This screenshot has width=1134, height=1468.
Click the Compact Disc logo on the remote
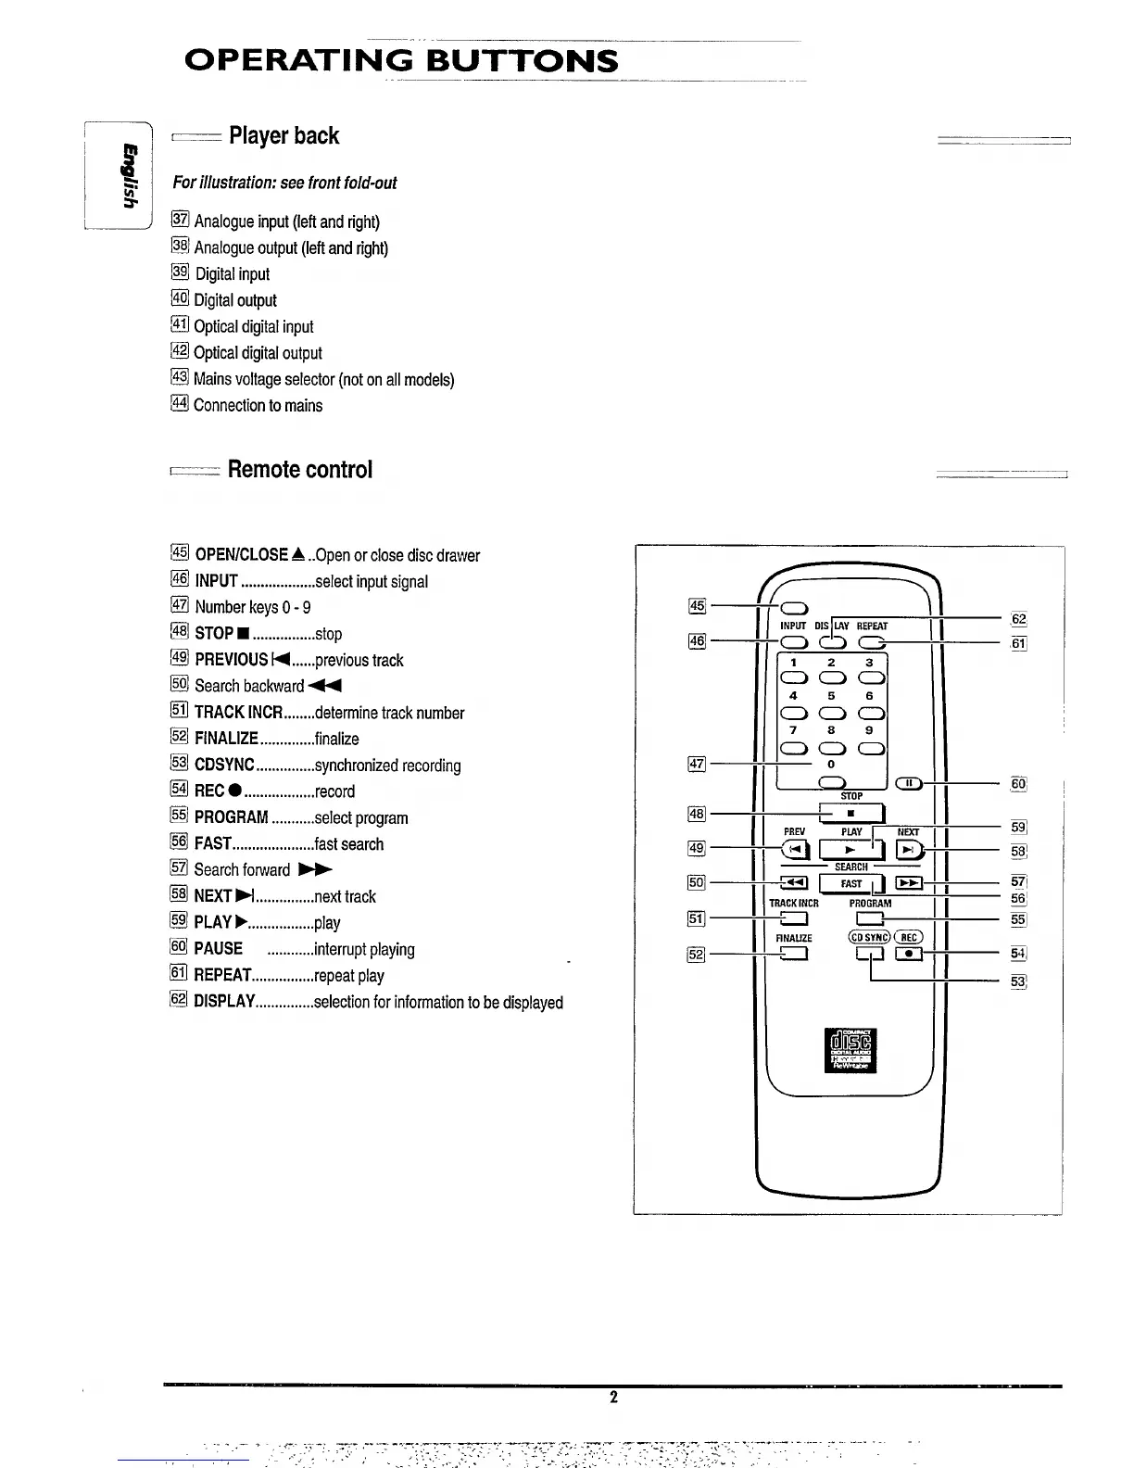coord(850,1049)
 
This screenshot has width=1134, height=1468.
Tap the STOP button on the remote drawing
coord(850,814)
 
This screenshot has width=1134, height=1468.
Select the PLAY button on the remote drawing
coord(850,849)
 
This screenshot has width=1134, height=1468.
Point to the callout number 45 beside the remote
coord(697,606)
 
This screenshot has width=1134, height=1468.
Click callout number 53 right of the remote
coord(1018,981)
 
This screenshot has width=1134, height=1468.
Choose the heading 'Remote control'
coord(299,470)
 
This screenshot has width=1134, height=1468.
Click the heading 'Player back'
coord(283,136)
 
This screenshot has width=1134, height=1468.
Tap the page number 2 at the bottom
coord(613,1398)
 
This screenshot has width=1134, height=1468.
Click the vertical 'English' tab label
coord(130,175)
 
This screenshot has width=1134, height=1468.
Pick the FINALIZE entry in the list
coord(226,739)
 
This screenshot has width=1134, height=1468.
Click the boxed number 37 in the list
coord(181,220)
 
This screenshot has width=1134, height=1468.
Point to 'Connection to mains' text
coord(258,405)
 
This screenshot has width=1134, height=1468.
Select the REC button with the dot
coord(909,952)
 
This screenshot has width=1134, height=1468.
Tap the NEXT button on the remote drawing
coord(909,849)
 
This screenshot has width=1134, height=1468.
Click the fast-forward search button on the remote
coord(909,883)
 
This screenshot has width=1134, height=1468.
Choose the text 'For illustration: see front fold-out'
coord(284,183)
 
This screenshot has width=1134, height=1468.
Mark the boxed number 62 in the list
coord(180,1000)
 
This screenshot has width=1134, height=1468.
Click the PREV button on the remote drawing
coord(795,849)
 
